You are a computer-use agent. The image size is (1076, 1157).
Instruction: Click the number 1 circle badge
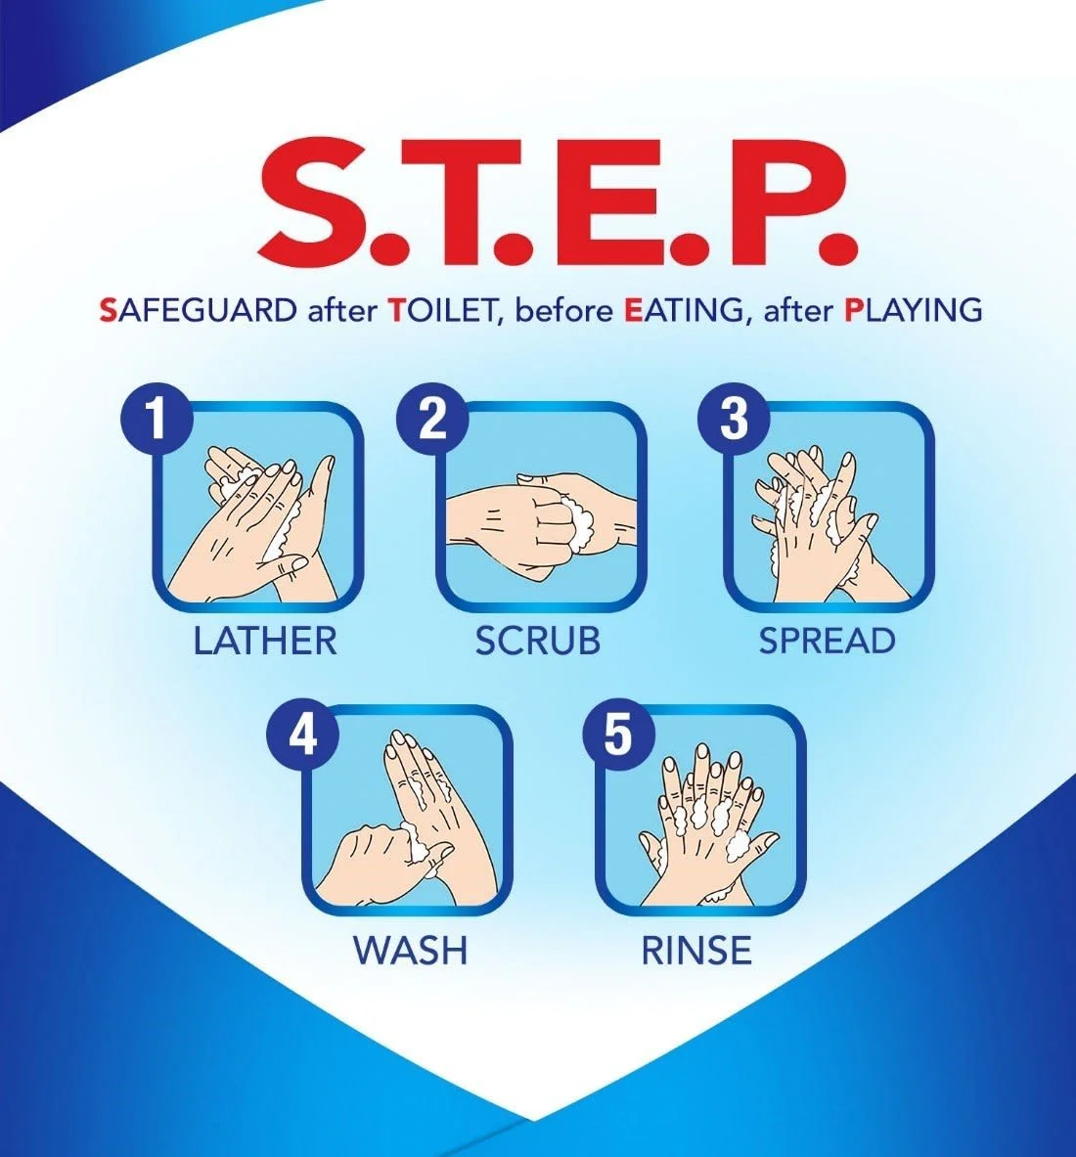pyautogui.click(x=157, y=419)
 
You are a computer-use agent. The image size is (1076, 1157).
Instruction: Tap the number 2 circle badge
pyautogui.click(x=432, y=419)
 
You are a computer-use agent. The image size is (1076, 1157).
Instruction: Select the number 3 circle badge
pyautogui.click(x=734, y=419)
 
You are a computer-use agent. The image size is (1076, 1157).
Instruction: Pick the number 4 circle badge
pyautogui.click(x=302, y=734)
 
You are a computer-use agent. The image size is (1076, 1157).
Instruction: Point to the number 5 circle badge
pyautogui.click(x=618, y=734)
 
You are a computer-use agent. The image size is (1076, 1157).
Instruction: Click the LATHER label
pyautogui.click(x=265, y=641)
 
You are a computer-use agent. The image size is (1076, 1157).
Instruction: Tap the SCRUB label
pyautogui.click(x=537, y=641)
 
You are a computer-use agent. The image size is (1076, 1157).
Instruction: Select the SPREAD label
pyautogui.click(x=827, y=641)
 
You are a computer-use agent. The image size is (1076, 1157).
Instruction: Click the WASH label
pyautogui.click(x=410, y=950)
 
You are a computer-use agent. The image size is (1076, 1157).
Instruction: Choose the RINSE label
pyautogui.click(x=696, y=950)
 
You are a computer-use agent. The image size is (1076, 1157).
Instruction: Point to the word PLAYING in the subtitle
pyautogui.click(x=913, y=310)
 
